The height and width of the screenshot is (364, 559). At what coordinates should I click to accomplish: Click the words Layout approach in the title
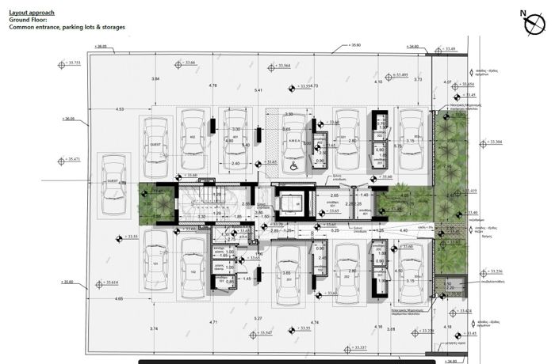(x=31, y=12)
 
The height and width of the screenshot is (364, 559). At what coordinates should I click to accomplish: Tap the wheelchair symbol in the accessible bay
(x=293, y=165)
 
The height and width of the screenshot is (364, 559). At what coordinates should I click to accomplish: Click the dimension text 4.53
(x=120, y=108)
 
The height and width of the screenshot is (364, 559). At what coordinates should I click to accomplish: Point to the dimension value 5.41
(x=258, y=91)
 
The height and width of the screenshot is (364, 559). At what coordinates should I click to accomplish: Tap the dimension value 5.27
(x=257, y=318)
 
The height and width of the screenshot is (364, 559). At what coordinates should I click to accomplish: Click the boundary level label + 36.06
(x=68, y=119)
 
